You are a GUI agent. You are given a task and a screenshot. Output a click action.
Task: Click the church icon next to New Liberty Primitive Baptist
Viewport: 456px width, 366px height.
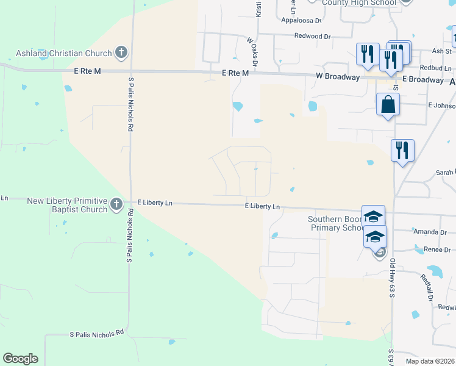(116, 205)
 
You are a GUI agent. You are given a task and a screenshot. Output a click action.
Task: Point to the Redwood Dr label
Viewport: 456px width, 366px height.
(312, 37)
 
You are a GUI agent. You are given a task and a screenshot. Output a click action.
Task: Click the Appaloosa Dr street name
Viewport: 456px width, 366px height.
(301, 20)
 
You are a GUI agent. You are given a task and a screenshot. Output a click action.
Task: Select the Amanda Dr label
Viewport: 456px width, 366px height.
(430, 232)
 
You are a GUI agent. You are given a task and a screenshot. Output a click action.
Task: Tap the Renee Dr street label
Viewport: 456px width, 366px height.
(437, 249)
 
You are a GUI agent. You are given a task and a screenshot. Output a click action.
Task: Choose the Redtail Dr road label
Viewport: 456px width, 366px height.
(426, 287)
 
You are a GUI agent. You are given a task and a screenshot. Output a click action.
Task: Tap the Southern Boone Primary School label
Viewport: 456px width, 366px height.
(336, 223)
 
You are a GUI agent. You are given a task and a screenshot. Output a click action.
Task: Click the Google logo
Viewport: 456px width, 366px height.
(20, 359)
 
